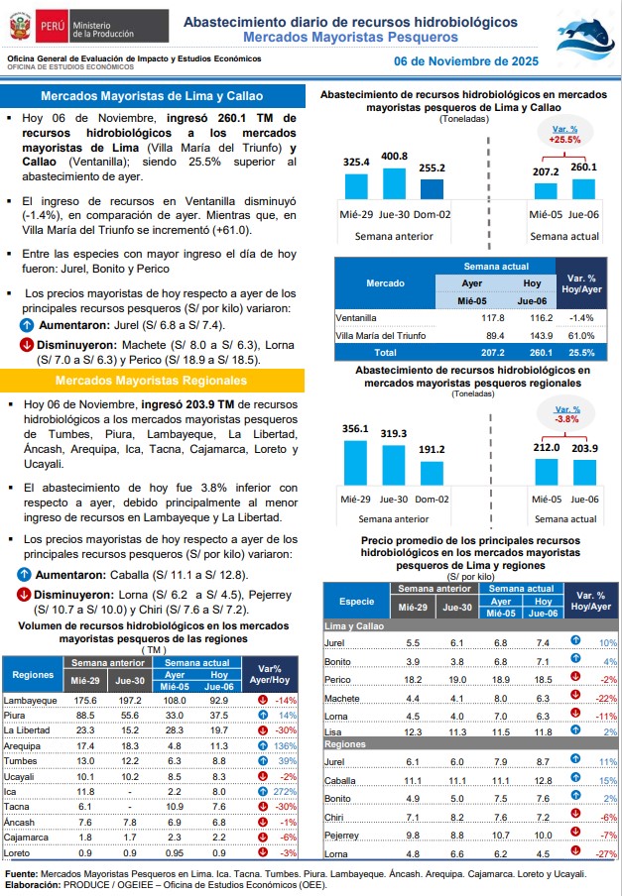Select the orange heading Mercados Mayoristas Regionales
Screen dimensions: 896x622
tap(151, 381)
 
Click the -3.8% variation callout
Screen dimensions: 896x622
tap(566, 413)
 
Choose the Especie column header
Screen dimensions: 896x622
tap(357, 602)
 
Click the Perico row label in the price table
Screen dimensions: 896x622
tap(339, 679)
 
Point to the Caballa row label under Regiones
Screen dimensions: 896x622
tap(342, 780)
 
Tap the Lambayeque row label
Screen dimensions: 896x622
tap(30, 700)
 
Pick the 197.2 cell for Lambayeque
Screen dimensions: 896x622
tap(130, 700)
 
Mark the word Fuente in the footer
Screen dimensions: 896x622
tap(24, 873)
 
